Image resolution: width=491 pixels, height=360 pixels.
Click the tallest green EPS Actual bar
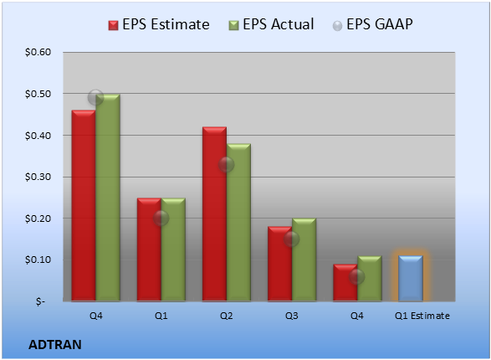(108, 198)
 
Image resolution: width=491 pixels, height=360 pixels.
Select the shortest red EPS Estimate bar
(345, 283)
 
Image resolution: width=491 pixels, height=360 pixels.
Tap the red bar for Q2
(214, 214)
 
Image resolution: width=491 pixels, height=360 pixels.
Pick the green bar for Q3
(304, 260)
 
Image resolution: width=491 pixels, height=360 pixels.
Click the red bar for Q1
(149, 249)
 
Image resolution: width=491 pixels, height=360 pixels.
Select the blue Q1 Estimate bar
(411, 279)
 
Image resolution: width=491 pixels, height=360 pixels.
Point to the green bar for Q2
(238, 223)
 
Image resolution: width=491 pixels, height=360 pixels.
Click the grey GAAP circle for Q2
(227, 164)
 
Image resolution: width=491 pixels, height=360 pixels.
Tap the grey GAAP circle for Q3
(292, 239)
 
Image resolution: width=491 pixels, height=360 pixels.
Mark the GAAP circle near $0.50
(96, 97)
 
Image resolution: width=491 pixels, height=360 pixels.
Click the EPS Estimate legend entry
(159, 24)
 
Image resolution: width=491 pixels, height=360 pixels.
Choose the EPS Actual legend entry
(271, 24)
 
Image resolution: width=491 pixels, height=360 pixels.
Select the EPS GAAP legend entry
(372, 24)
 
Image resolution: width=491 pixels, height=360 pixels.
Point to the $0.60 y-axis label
(38, 52)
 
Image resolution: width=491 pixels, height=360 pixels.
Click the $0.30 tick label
(38, 177)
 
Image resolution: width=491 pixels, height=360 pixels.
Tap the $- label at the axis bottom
(40, 301)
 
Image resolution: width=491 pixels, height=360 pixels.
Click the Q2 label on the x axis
(227, 316)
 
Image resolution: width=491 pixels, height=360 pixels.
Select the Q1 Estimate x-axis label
(422, 316)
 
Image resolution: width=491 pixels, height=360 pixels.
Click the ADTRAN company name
(55, 345)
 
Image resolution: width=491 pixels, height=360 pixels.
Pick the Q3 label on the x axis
(292, 316)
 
